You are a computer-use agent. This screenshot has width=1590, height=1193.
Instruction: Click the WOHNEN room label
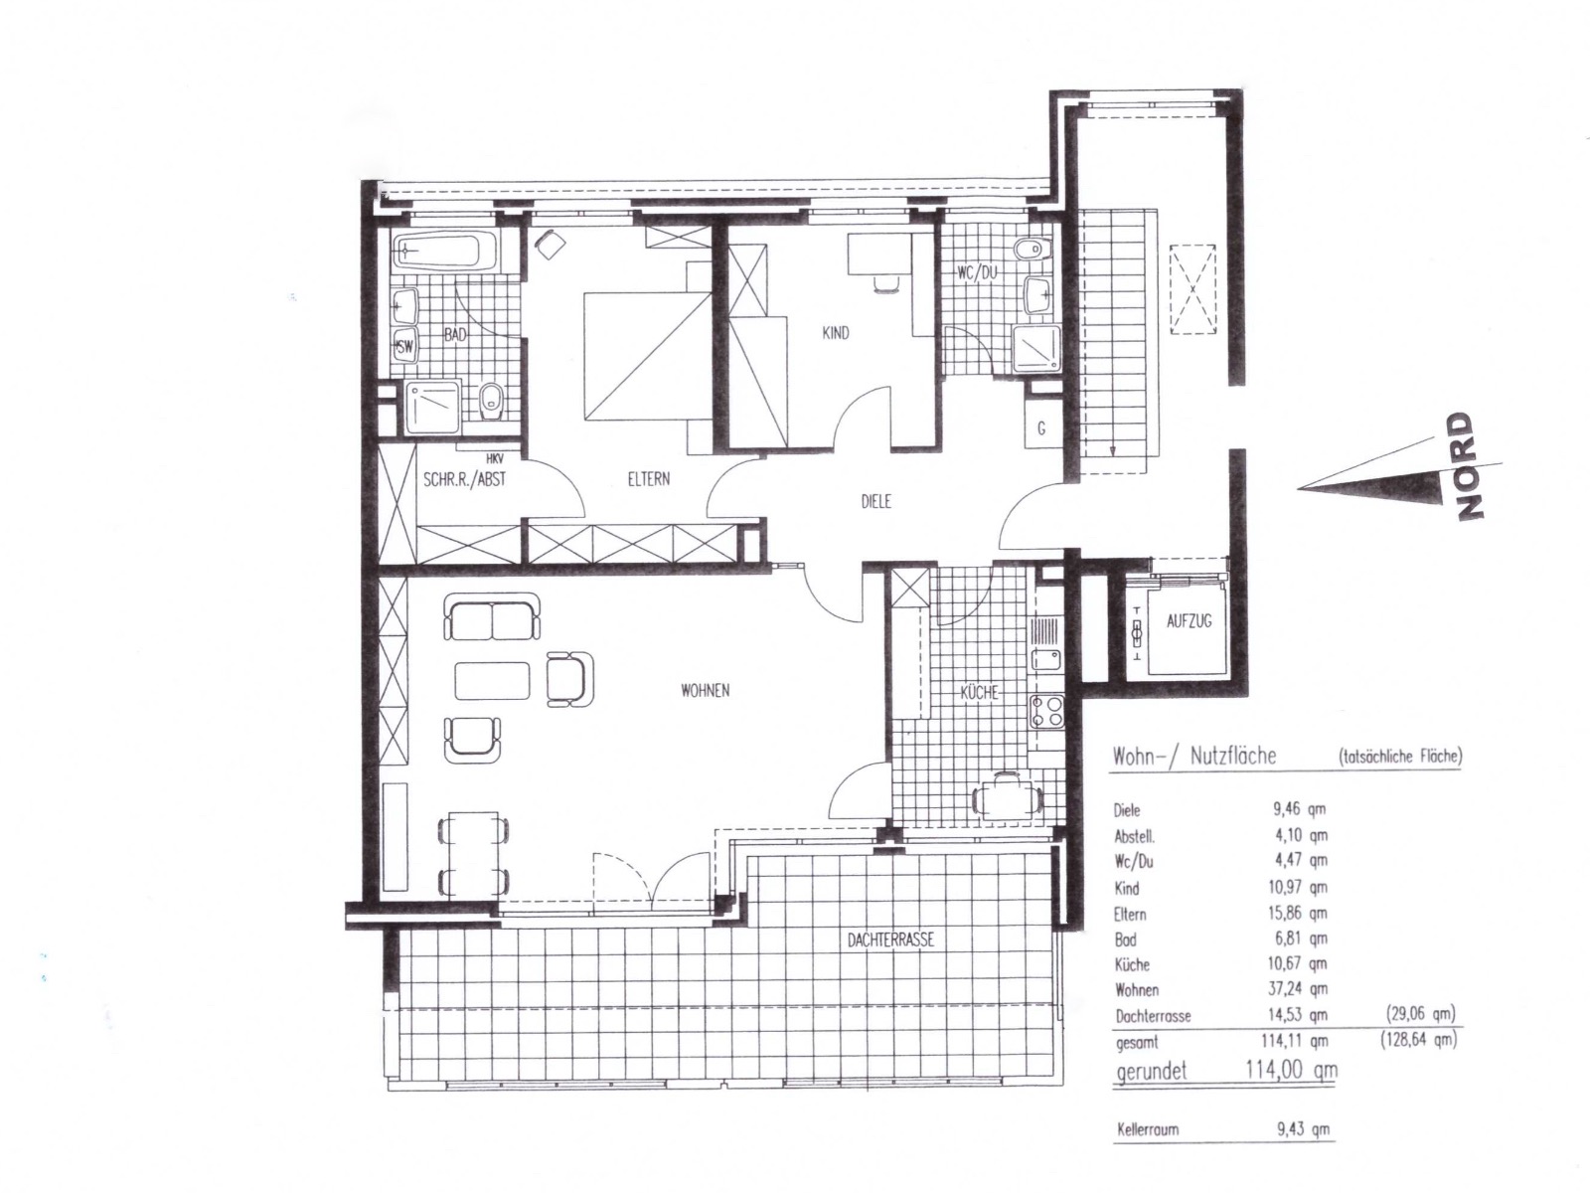click(705, 690)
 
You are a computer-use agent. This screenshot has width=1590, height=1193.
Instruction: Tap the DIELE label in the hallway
click(875, 501)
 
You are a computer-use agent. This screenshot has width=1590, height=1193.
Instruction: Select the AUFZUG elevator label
click(1189, 620)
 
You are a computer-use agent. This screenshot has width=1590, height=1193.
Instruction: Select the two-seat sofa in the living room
click(492, 617)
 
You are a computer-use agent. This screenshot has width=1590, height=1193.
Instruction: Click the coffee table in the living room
click(492, 680)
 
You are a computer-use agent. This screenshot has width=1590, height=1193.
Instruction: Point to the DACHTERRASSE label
click(890, 940)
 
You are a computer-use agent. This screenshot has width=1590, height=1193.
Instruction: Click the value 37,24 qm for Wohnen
click(1298, 989)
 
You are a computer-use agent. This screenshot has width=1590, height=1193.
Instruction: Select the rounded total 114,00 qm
click(1290, 1070)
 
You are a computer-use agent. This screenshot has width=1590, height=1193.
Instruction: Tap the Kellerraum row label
click(1148, 1129)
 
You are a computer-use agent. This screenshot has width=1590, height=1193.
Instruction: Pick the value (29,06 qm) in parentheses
click(1418, 1013)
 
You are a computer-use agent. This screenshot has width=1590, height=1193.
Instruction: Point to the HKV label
click(495, 458)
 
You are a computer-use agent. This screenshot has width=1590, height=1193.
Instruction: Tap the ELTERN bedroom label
click(648, 479)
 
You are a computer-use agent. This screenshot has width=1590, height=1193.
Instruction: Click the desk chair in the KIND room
click(885, 282)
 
